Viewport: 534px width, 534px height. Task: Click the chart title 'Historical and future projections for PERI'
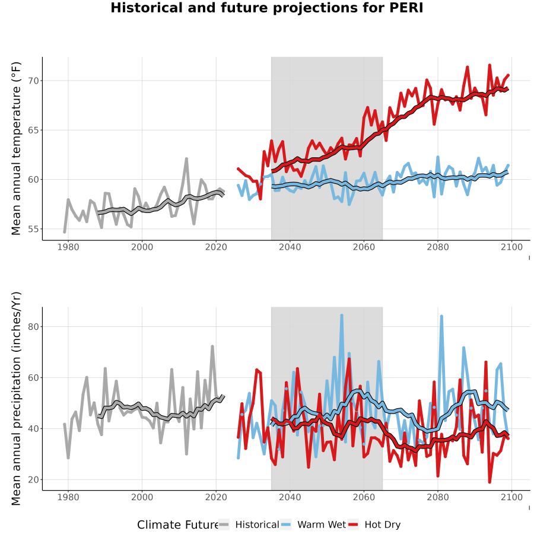tap(266, 8)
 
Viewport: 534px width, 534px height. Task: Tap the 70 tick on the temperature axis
tap(34, 81)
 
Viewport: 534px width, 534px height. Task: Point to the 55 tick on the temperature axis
tap(34, 229)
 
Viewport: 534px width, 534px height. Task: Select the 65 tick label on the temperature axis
tap(34, 131)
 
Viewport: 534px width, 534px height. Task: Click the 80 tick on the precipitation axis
tap(34, 326)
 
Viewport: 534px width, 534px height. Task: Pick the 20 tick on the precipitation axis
tap(34, 479)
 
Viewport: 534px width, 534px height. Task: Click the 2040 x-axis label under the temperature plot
tap(290, 247)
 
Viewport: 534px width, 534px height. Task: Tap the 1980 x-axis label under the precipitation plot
tap(68, 497)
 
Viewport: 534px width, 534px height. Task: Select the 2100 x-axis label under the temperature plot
tap(511, 247)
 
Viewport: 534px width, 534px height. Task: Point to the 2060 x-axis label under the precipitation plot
tap(364, 497)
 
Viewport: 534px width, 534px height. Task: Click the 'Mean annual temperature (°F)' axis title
tap(16, 148)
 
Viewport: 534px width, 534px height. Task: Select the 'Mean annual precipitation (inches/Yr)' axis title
tap(16, 399)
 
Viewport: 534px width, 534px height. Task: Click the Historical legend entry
tap(248, 525)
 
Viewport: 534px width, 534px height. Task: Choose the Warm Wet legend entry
tap(313, 525)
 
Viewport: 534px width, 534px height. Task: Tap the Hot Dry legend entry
tap(374, 525)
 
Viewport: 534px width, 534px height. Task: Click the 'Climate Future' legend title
tap(178, 525)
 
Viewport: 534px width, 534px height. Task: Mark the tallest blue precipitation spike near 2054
tap(342, 316)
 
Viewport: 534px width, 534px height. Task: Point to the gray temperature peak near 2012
tap(186, 158)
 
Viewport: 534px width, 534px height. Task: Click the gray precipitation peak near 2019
tap(212, 347)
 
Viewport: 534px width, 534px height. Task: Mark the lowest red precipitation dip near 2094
tap(490, 482)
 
